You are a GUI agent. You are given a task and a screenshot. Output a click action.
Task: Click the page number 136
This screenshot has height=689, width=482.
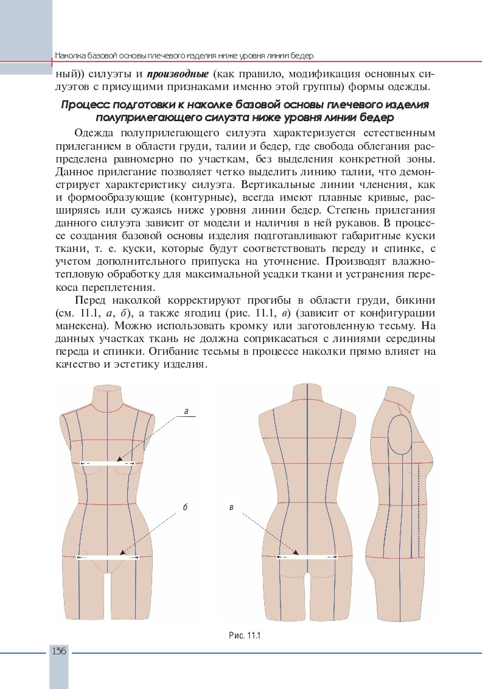pos(59,651)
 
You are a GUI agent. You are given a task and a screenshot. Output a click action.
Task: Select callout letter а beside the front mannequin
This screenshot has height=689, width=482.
pos(186,412)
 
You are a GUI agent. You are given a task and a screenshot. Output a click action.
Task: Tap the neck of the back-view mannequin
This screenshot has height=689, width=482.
pos(307,393)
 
